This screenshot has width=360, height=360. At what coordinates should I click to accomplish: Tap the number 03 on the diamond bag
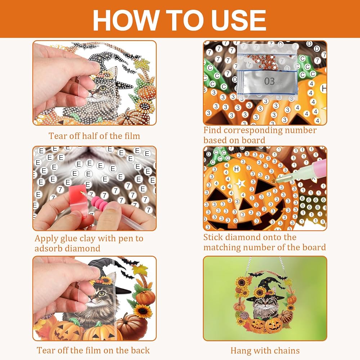pyautogui.click(x=269, y=81)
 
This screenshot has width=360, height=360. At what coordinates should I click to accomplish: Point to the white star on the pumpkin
pyautogui.click(x=240, y=184)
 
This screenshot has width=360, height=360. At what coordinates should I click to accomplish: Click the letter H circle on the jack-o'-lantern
pyautogui.click(x=236, y=169)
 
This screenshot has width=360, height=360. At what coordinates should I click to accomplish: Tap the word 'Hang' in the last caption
pyautogui.click(x=240, y=351)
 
